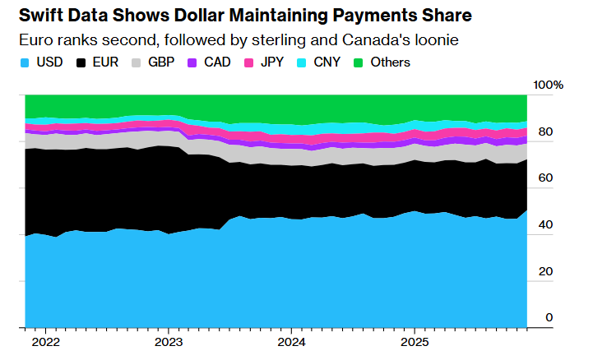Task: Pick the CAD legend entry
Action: (x=212, y=62)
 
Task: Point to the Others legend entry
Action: (x=381, y=62)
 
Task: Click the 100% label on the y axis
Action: (x=548, y=85)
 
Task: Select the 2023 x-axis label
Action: (x=168, y=340)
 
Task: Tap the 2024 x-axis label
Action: (x=291, y=340)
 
